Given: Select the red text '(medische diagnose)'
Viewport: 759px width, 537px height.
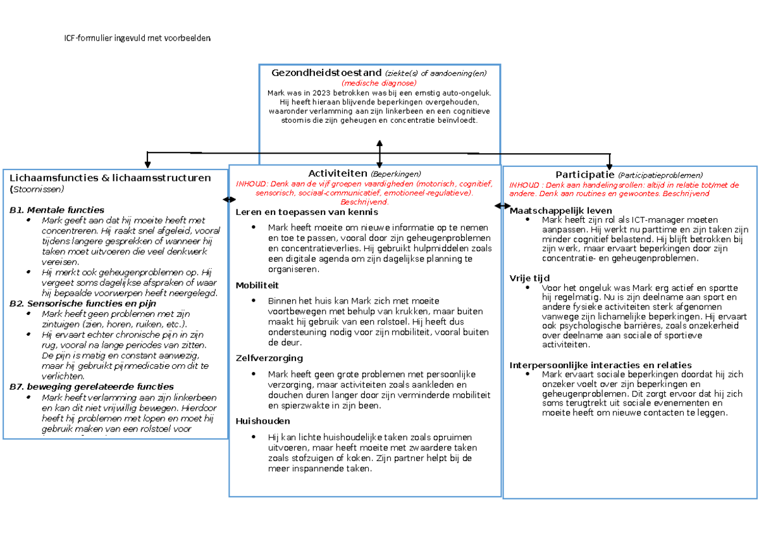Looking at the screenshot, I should click(x=379, y=83).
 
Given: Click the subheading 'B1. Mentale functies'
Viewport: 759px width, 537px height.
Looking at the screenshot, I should click(x=57, y=209).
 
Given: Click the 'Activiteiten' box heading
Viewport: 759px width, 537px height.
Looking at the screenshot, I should click(x=338, y=173).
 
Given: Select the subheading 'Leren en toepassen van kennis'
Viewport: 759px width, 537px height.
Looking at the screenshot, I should click(x=306, y=212).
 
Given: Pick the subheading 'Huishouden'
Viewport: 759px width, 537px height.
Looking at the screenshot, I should click(x=262, y=421).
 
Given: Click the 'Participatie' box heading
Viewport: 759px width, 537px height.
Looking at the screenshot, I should click(x=584, y=175).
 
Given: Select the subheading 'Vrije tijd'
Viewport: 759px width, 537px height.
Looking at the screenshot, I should click(x=529, y=278).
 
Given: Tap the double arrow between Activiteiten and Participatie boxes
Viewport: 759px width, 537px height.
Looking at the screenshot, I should click(x=502, y=206).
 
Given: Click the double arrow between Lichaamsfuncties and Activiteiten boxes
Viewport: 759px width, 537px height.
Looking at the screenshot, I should click(x=229, y=199).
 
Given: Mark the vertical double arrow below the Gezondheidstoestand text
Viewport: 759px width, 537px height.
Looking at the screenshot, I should click(x=379, y=154).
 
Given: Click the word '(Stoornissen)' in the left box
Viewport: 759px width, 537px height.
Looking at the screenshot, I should click(x=37, y=189).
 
